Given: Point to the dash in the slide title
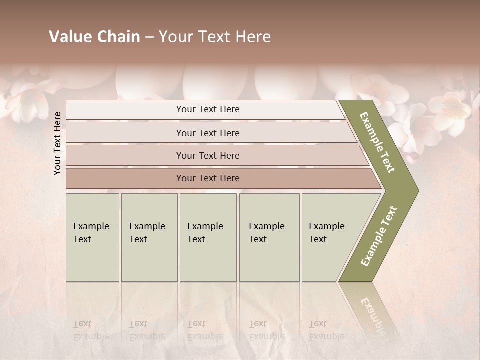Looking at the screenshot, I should [149, 37].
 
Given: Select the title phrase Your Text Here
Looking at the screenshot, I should [215, 37].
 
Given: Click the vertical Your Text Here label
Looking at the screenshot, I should [57, 143].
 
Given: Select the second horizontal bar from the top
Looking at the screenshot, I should [207, 133].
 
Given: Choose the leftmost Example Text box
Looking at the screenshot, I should [92, 237].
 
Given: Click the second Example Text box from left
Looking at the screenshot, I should [149, 237].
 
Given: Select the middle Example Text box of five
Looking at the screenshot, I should [208, 237].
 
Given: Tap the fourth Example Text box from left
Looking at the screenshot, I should [269, 237].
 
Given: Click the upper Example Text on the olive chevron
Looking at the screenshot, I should [377, 142].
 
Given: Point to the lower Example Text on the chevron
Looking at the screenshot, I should [379, 236].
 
